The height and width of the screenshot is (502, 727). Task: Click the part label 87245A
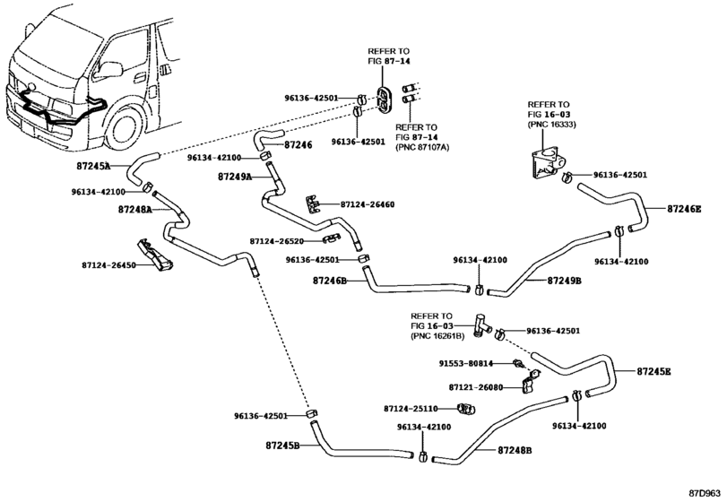[93, 166]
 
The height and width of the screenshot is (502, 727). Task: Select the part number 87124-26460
[368, 204]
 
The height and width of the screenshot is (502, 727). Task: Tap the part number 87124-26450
[109, 265]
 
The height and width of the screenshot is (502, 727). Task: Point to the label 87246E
[684, 209]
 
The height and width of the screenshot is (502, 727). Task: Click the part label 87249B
[564, 281]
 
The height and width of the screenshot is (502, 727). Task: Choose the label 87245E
[653, 371]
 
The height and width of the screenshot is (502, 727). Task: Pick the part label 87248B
[515, 450]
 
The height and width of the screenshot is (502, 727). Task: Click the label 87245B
[283, 446]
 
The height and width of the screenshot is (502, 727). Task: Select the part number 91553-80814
[466, 364]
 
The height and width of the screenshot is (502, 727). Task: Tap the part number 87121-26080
[476, 387]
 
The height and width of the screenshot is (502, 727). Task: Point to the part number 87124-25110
[411, 409]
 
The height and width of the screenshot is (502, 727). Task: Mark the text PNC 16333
[551, 125]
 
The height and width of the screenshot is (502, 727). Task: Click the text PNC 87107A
[422, 147]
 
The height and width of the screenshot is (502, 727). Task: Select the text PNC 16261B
[437, 336]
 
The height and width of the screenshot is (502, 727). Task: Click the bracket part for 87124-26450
[154, 255]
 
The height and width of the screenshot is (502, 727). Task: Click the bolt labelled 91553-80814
[518, 363]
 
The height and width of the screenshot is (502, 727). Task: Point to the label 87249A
[235, 177]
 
